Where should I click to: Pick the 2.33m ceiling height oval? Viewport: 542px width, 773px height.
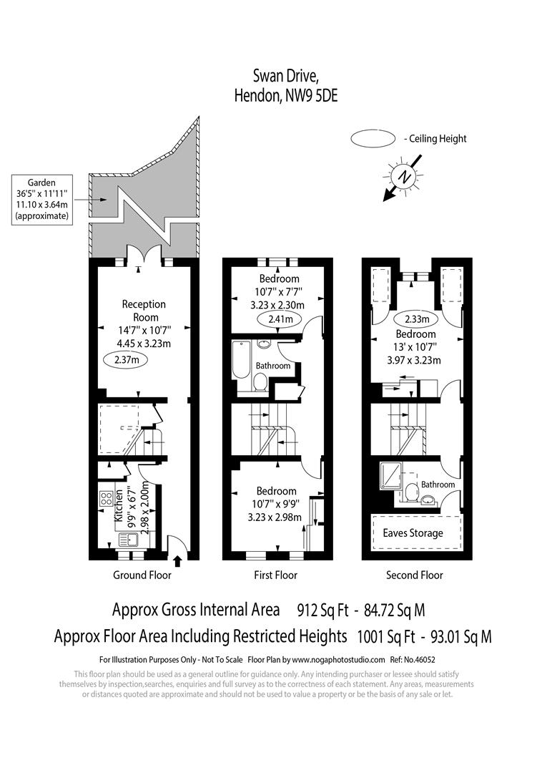pos(415,319)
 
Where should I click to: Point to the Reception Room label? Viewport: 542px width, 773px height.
pos(144,311)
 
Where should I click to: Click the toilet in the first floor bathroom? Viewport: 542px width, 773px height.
pos(260,385)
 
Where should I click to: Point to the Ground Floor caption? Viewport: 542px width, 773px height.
pos(142,575)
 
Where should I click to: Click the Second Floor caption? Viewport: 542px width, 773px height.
pos(414,575)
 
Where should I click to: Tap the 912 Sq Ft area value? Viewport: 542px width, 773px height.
pos(323,611)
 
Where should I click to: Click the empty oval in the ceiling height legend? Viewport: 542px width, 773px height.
pos(373,138)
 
